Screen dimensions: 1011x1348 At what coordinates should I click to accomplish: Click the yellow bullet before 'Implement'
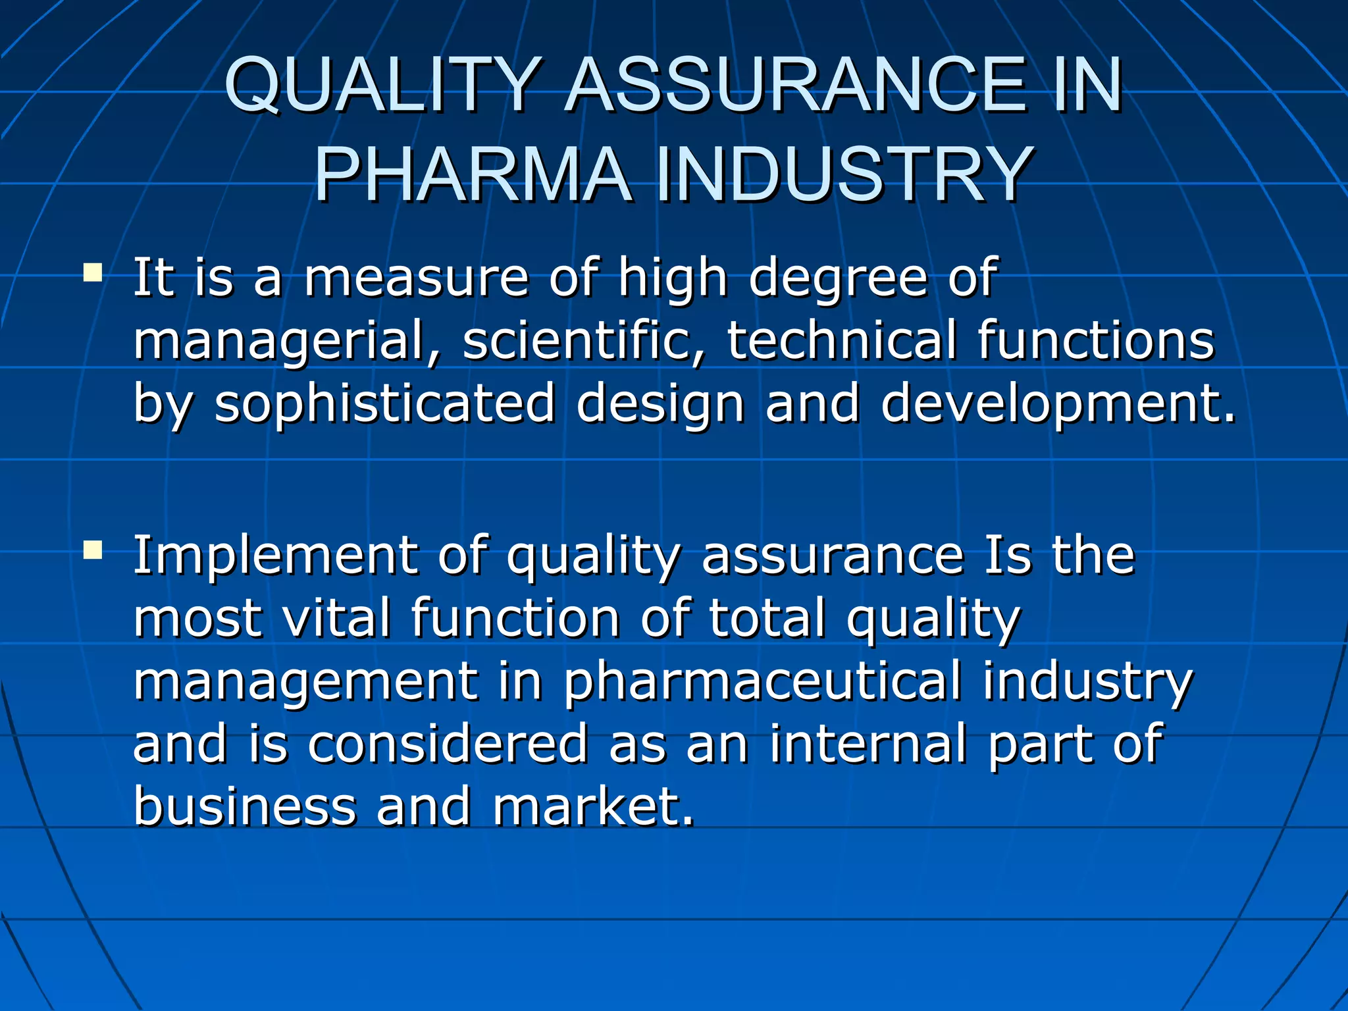click(x=93, y=550)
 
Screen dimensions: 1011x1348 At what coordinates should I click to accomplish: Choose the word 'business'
click(x=244, y=806)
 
